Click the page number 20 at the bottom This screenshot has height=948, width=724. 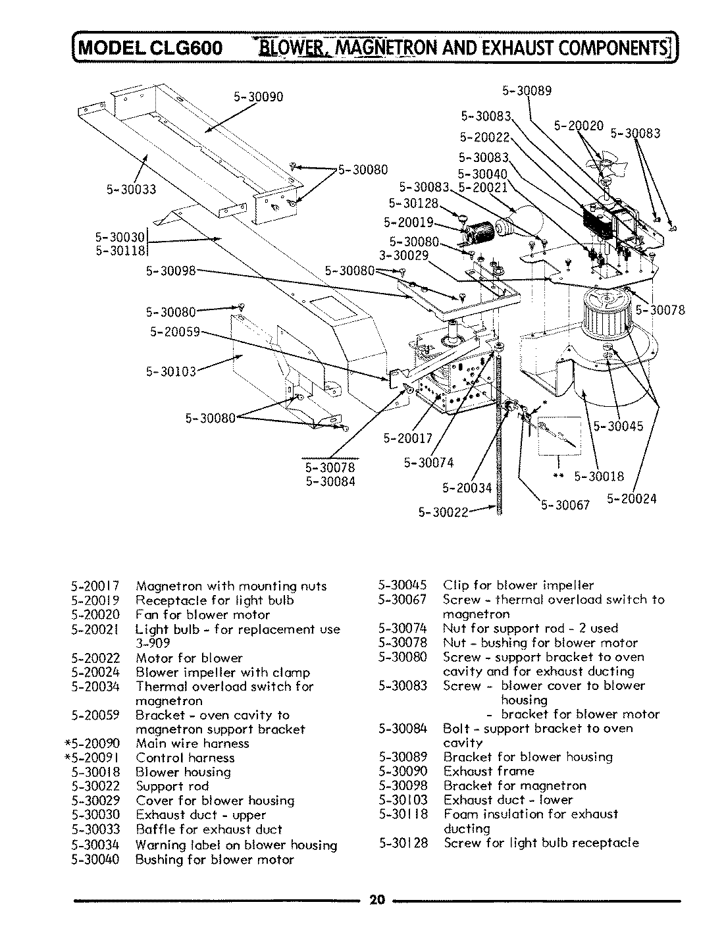pos(376,900)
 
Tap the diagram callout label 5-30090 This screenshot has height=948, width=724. pos(259,97)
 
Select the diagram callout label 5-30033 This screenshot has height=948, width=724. pos(132,190)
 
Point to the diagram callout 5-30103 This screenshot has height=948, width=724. pos(170,371)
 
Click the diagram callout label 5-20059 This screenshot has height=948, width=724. pos(174,332)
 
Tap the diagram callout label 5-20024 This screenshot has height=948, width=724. pos(631,499)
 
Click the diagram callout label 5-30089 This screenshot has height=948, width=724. pos(527,91)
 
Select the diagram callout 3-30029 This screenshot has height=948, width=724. pos(404,255)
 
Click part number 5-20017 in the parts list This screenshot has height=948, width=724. pos(96,586)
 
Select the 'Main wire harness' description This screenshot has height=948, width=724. pos(192,743)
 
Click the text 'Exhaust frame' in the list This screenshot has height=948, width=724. pos(488,771)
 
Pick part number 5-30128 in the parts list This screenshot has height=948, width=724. pos(403,843)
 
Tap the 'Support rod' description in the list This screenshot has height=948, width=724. pos(172,786)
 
